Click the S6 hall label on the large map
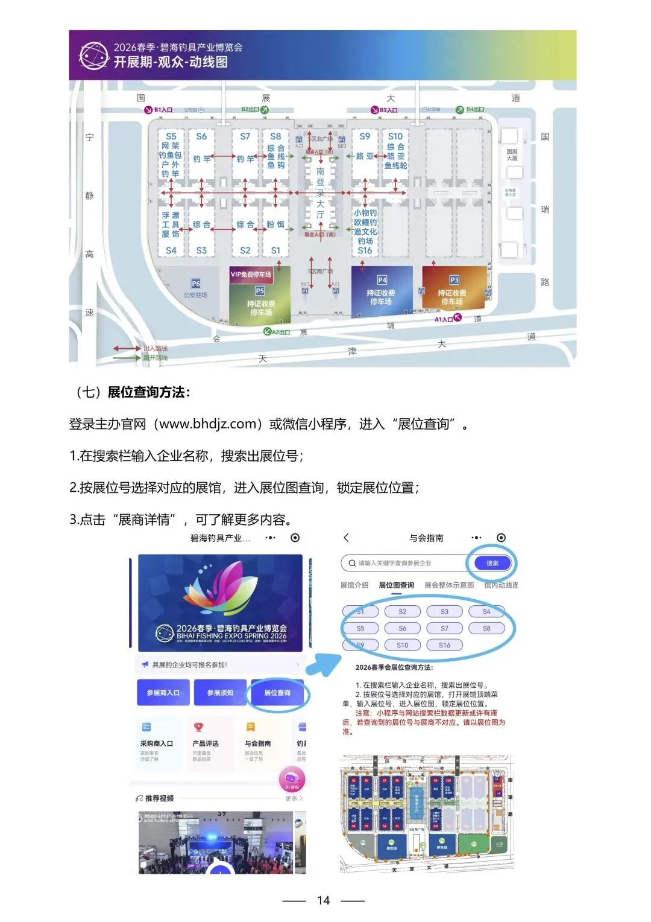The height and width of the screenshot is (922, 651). coord(201,136)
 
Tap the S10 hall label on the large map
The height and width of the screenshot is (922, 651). coord(395,136)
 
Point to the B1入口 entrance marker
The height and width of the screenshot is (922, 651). coord(159,110)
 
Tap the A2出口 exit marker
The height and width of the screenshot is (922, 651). coord(277,332)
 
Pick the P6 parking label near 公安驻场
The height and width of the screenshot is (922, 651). coord(196,283)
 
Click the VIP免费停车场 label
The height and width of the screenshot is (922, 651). coord(251,275)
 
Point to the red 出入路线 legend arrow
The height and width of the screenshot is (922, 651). coord(127,348)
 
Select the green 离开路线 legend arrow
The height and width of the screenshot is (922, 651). coord(127,358)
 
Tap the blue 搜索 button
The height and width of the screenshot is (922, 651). coord(492,563)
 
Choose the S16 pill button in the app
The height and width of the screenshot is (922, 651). coord(444,645)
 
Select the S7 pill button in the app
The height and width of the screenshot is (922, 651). coord(444,628)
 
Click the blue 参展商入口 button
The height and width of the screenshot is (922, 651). coord(163,693)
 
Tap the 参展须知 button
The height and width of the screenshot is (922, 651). coord(220,693)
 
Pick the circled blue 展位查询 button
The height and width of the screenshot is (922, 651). coord(277,693)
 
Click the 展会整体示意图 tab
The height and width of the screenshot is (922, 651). coord(449,585)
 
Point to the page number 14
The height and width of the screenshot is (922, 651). coord(324,900)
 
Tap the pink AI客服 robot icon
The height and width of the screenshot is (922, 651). coord(292,780)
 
